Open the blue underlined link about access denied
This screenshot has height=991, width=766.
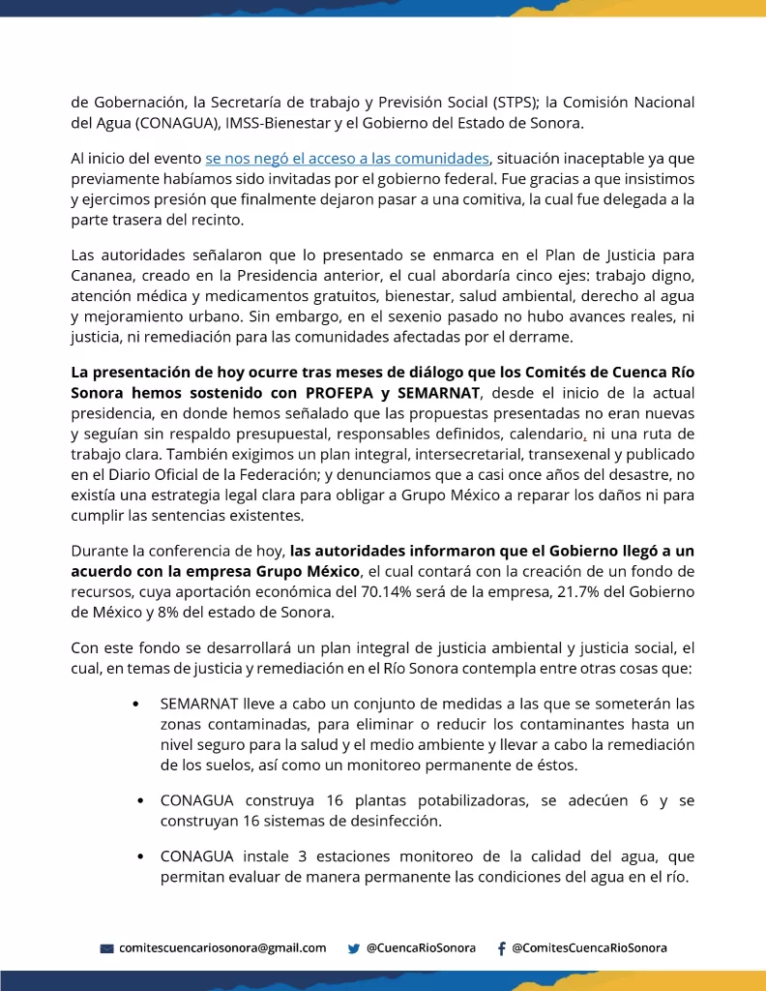coord(347,158)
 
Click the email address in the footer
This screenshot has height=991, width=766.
coord(222,947)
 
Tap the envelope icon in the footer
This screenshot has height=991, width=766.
coord(107,948)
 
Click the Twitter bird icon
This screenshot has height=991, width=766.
coord(354,948)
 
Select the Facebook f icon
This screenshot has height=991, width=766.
coord(501,948)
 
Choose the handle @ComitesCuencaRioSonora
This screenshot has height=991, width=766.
coord(589,947)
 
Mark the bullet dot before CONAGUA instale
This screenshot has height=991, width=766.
coord(141,856)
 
